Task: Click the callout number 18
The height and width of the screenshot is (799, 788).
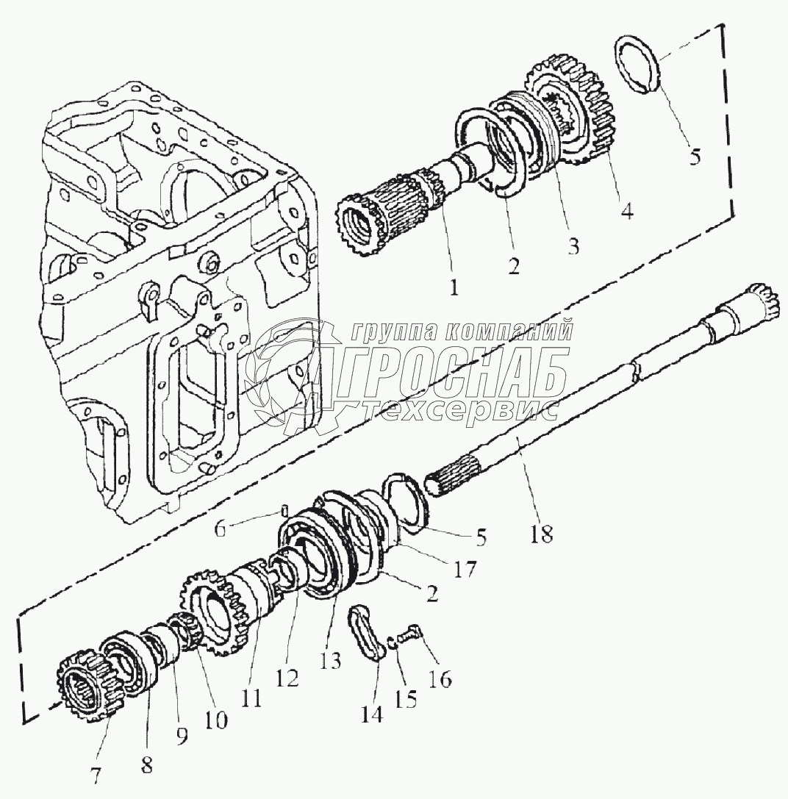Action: click(x=541, y=534)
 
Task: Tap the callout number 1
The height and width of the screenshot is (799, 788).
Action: click(x=454, y=288)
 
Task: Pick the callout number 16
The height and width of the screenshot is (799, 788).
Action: click(x=442, y=678)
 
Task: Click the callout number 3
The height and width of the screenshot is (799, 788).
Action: click(x=571, y=244)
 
